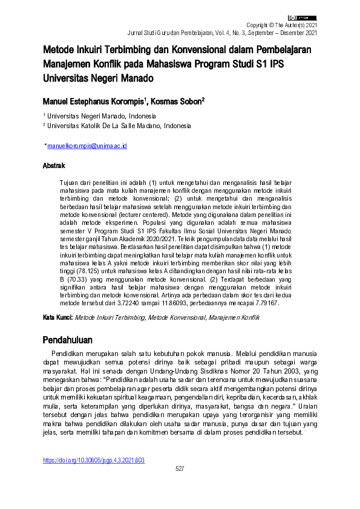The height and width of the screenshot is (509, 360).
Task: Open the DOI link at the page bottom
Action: pyautogui.click(x=93, y=460)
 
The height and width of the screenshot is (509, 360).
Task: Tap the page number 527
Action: pyautogui.click(x=180, y=468)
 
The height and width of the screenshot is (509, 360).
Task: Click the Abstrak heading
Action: pyautogui.click(x=54, y=165)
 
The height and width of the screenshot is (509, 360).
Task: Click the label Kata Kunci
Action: pyautogui.click(x=57, y=317)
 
